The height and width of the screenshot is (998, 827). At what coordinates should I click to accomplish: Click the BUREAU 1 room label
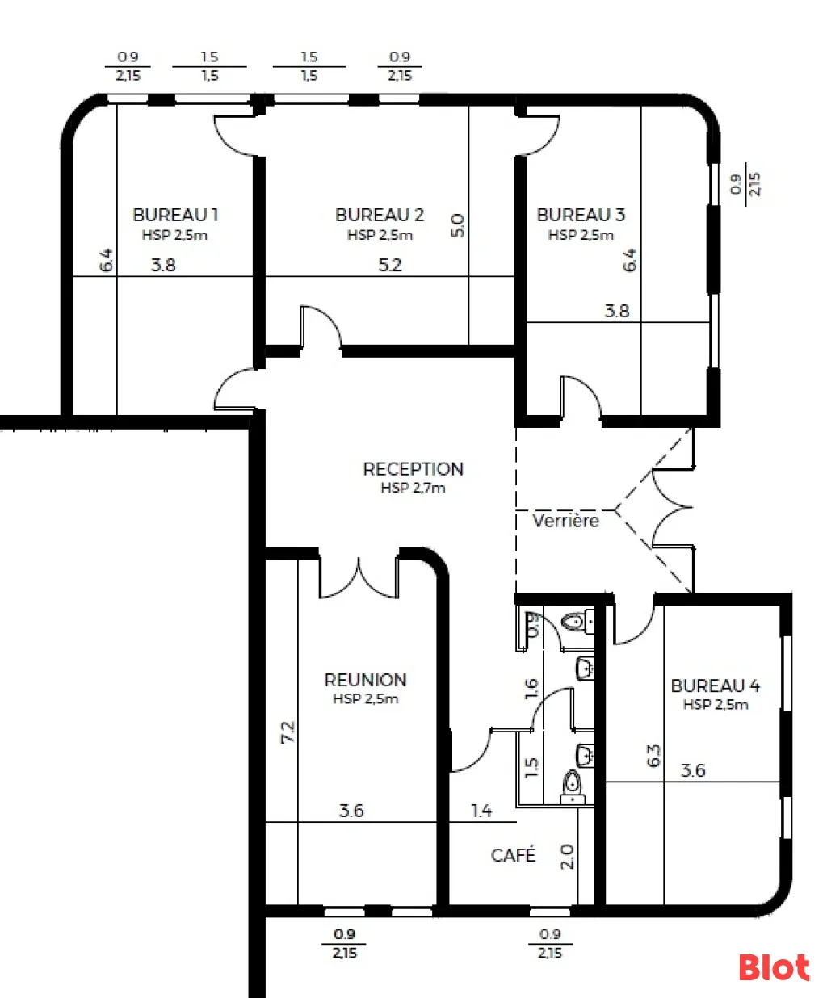coord(175,215)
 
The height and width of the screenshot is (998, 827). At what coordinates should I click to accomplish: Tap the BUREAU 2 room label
coord(380,215)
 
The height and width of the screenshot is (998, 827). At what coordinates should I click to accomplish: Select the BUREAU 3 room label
coord(581,215)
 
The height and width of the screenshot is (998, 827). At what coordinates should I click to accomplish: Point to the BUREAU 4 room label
coord(715,686)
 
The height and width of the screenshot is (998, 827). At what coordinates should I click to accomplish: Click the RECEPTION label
coord(413,469)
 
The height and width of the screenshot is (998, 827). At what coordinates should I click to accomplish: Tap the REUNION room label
coord(365,680)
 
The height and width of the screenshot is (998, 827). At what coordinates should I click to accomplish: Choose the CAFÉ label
coord(513,855)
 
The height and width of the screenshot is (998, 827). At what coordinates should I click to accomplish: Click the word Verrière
coord(565,521)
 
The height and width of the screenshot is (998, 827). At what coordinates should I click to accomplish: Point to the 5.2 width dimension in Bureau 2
coord(390,266)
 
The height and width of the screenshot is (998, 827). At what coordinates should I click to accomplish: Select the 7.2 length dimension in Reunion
coord(288,732)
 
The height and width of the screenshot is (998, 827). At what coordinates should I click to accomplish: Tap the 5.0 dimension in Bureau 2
coord(457,225)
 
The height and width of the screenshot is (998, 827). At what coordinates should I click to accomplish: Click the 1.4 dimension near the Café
coord(481,811)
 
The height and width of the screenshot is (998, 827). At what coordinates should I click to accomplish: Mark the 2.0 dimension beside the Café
coord(566,857)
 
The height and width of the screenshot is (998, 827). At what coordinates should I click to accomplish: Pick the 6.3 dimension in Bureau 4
coord(653,756)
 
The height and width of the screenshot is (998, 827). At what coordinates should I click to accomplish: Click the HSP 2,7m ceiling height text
coord(413,488)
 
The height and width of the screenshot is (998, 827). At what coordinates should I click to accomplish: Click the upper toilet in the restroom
coord(577,622)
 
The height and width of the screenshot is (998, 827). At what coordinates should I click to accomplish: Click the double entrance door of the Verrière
coord(673,508)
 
